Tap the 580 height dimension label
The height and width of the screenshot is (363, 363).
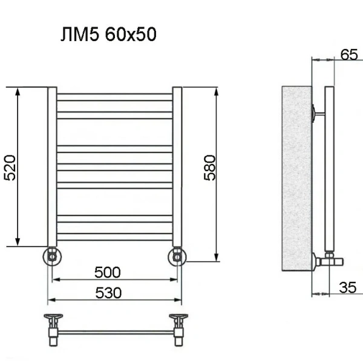click(209, 168)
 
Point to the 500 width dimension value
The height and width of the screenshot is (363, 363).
click(108, 271)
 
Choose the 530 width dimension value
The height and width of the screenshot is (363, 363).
click(108, 292)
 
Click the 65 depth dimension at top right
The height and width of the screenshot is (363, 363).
click(349, 54)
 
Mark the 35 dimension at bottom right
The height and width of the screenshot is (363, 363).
click(347, 287)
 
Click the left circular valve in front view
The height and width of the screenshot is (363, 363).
click(52, 256)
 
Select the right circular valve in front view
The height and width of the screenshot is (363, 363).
click(177, 257)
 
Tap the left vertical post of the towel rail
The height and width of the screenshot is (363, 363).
click(52, 166)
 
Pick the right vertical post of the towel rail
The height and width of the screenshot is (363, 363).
click(177, 166)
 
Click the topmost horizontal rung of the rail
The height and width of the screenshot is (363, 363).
click(115, 96)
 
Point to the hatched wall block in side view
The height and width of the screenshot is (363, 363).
click(296, 178)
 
